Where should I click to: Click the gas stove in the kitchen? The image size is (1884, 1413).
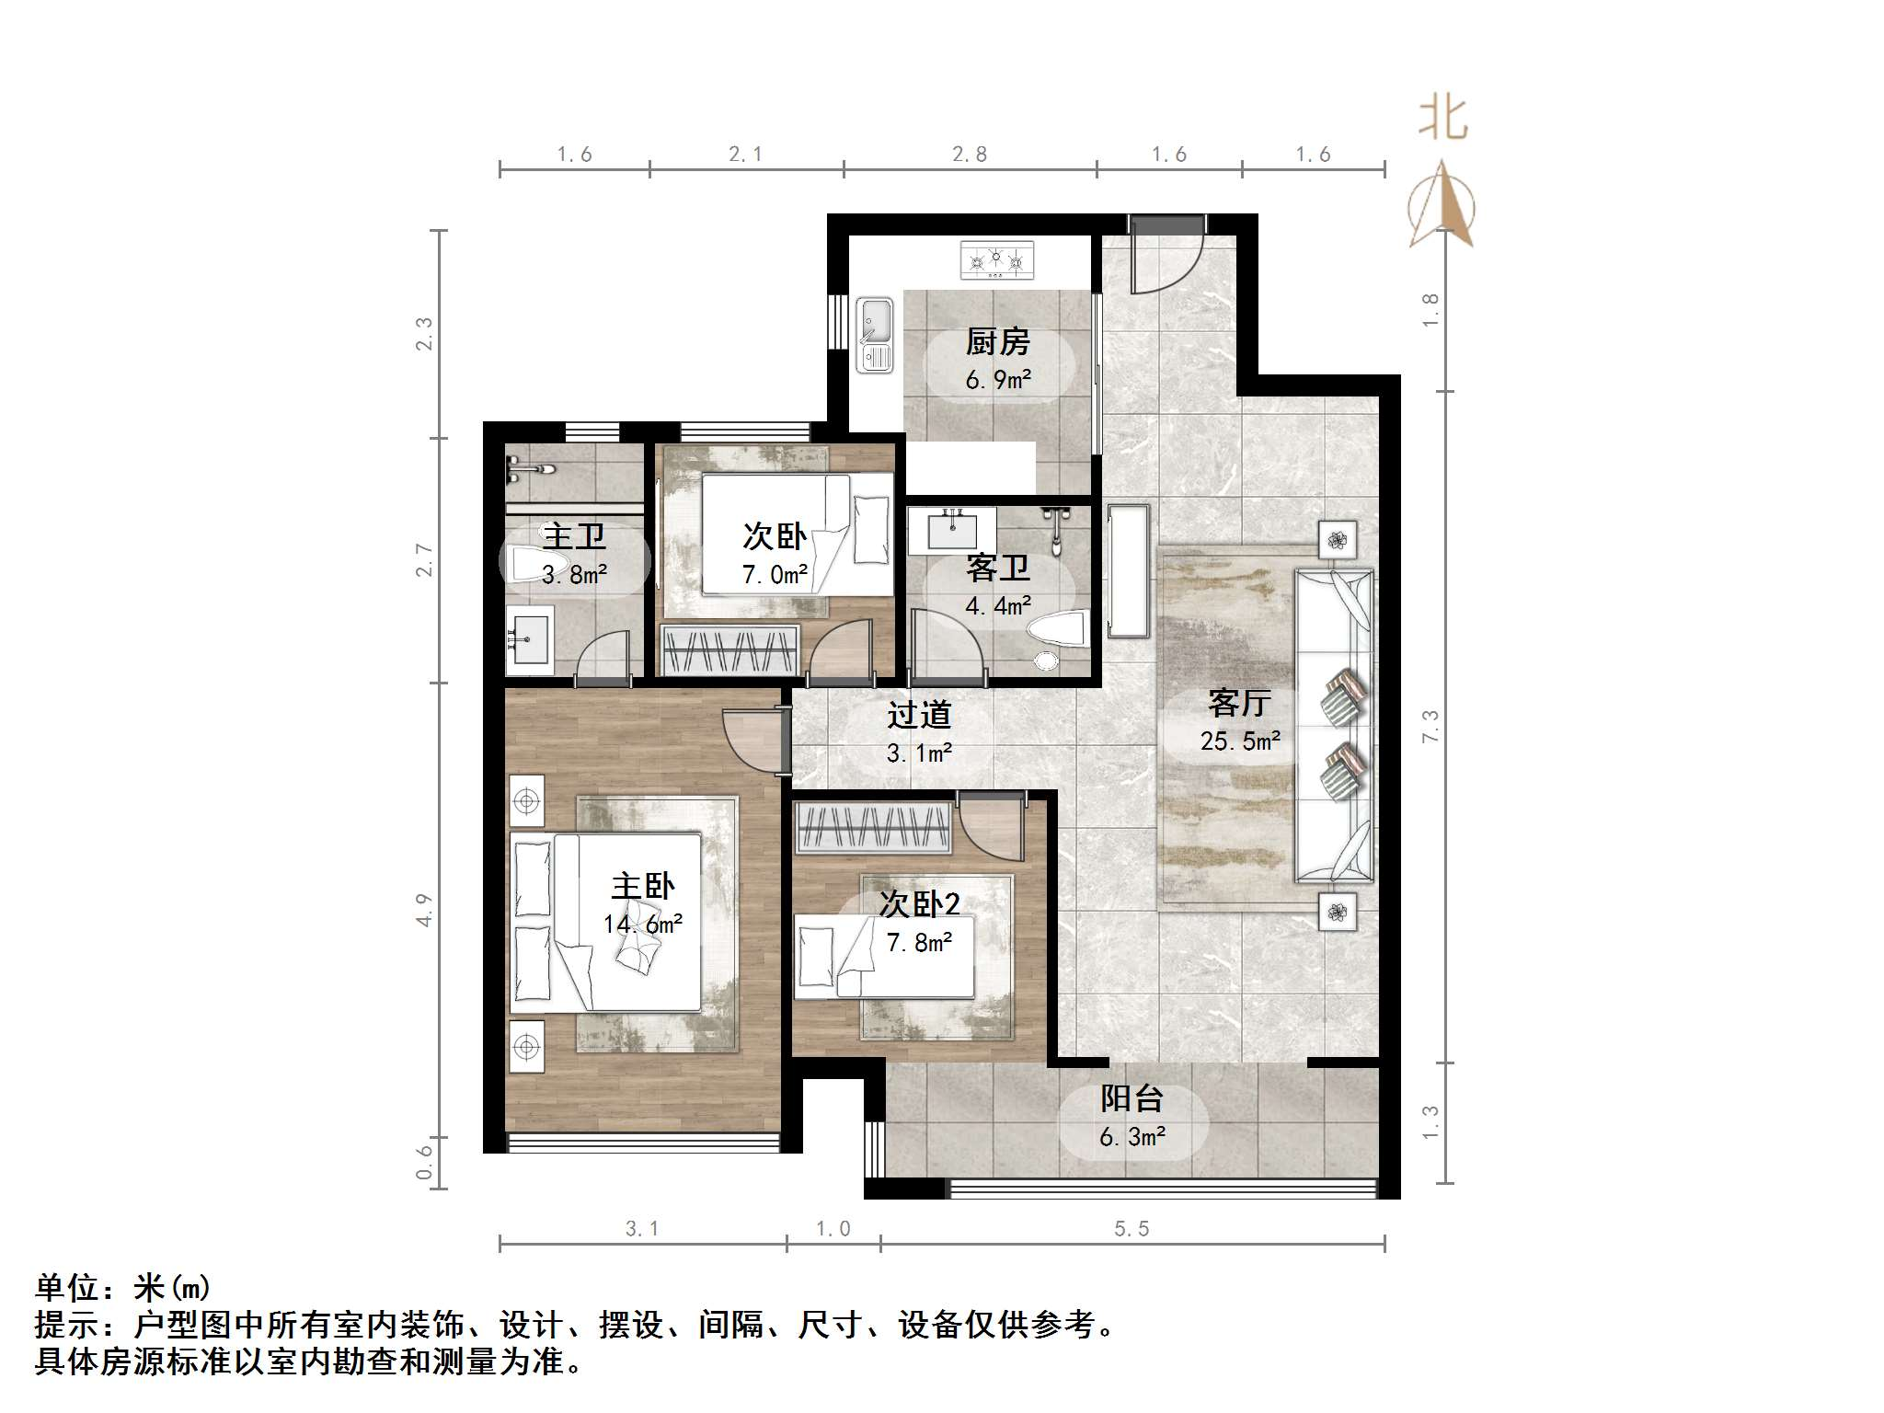tap(996, 259)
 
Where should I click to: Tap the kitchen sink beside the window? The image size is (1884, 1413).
tap(874, 335)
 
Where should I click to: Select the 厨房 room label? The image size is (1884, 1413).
tap(997, 342)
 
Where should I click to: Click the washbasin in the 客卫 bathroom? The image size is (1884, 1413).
tap(951, 530)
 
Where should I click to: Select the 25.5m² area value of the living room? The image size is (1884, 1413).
tap(1240, 741)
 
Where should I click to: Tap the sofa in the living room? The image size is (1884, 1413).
tap(1334, 725)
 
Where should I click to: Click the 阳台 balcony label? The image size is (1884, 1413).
tap(1132, 1098)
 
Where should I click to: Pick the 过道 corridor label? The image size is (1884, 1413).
tap(918, 715)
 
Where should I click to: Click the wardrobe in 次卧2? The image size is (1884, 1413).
tap(872, 827)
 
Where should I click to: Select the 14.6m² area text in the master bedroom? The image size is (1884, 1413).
tap(643, 924)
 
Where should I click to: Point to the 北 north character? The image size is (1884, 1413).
tap(1442, 119)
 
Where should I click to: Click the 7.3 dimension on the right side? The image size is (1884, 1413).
tap(1430, 726)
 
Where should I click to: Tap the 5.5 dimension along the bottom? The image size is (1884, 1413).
tap(1132, 1228)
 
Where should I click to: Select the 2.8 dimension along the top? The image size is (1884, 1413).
tap(970, 155)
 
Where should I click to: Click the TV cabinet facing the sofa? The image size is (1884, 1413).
tap(1129, 570)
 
